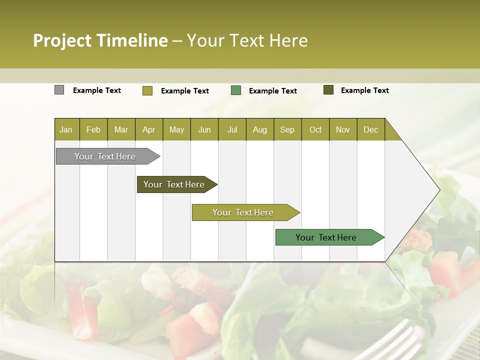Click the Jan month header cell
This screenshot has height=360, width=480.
click(x=66, y=129)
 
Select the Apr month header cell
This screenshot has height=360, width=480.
click(x=148, y=129)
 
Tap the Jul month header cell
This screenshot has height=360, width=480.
click(x=232, y=129)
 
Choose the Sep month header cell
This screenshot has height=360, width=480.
click(x=287, y=129)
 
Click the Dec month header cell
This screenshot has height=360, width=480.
click(x=370, y=129)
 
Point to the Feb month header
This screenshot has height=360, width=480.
click(x=93, y=129)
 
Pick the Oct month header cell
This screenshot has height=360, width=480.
click(x=315, y=129)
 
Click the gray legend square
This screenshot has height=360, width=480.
click(x=59, y=90)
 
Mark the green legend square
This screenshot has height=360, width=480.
click(x=236, y=90)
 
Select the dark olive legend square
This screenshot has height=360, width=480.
click(x=328, y=90)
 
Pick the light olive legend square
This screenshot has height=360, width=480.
click(x=147, y=90)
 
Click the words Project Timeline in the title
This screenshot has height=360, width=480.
click(x=100, y=40)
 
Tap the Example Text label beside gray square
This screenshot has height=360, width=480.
click(x=97, y=90)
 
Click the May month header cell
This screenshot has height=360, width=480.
click(x=176, y=129)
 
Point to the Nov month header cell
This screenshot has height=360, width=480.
click(x=343, y=129)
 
